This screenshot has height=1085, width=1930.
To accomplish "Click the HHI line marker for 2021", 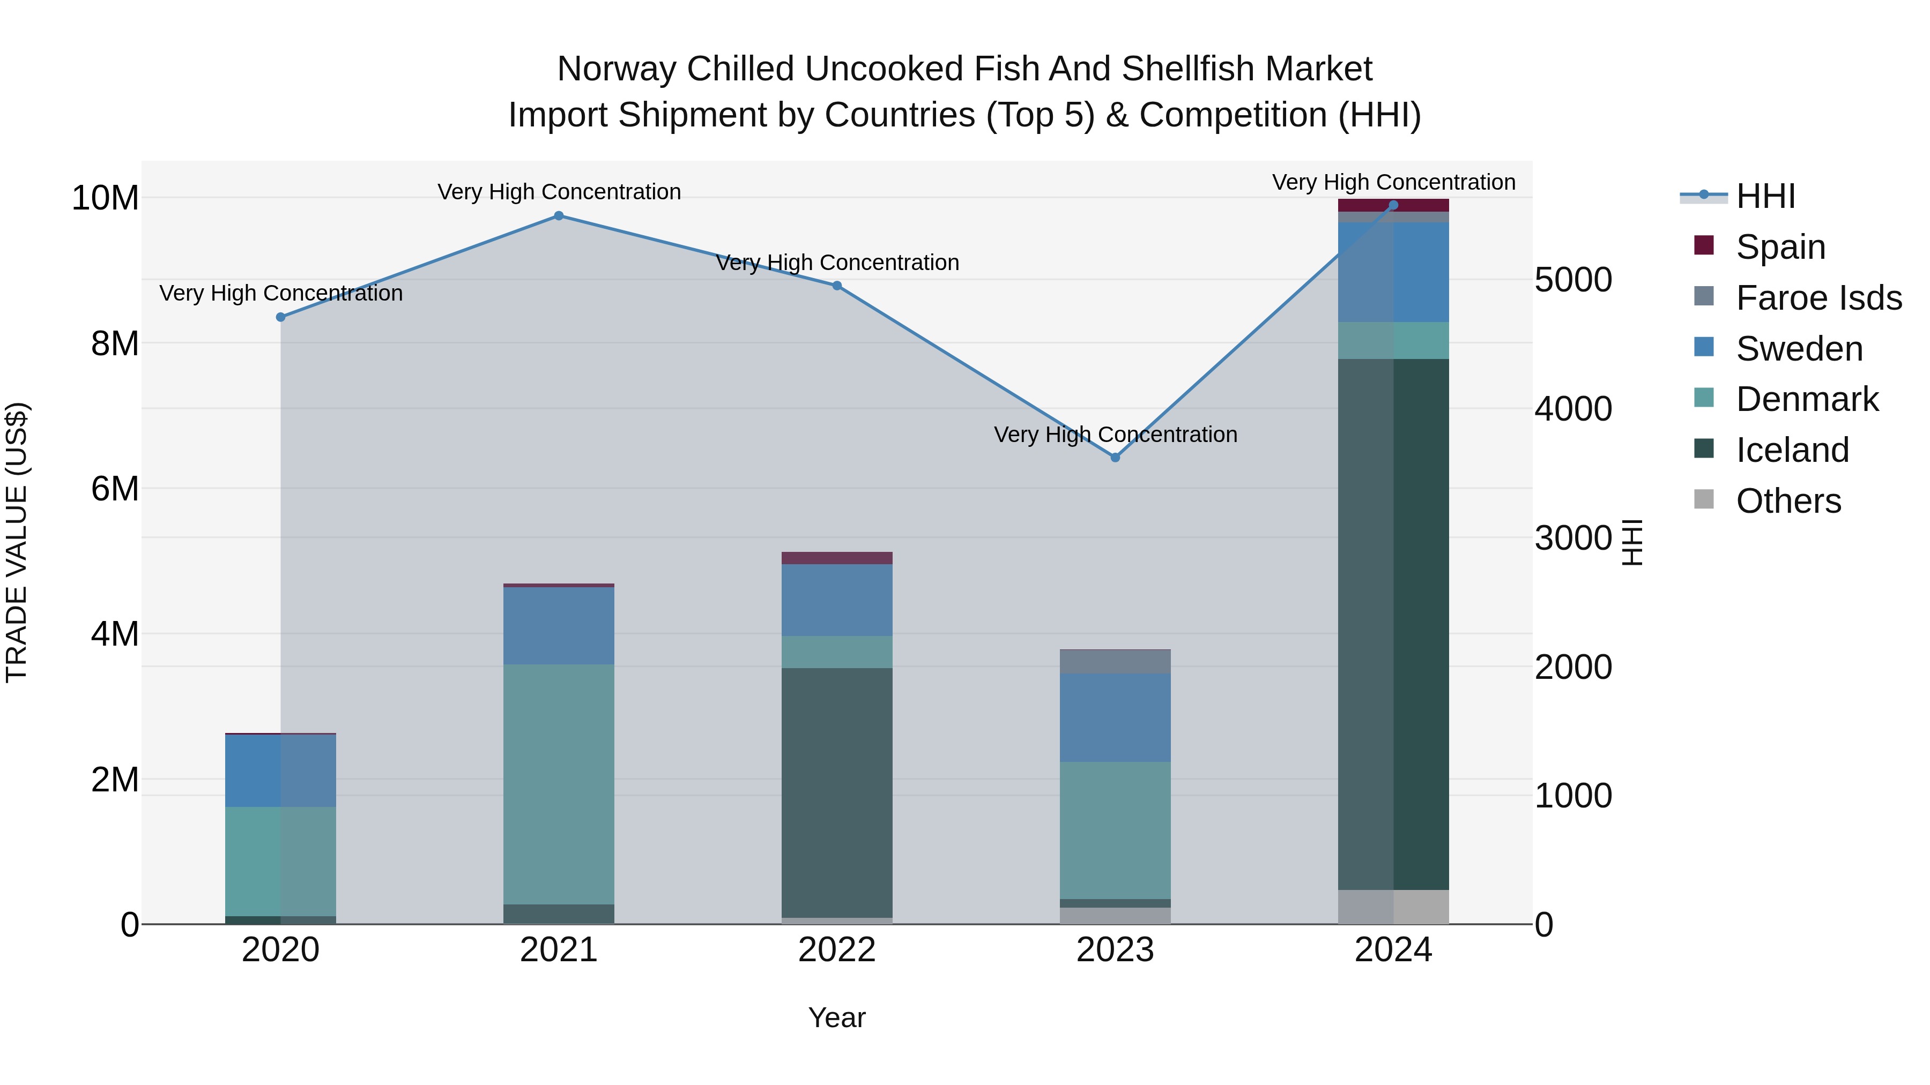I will pos(558,215).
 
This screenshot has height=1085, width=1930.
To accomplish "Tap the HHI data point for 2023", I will pos(1115,458).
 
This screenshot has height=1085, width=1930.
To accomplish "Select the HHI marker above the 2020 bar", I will pos(281,317).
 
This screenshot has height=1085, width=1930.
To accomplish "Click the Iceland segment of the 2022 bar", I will pos(837,792).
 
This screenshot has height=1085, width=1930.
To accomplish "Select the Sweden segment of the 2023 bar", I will pos(1115,717).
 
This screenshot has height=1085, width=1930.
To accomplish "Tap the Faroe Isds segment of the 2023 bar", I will pos(1115,661).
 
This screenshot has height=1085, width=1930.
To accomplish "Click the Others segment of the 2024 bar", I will pos(1393,907).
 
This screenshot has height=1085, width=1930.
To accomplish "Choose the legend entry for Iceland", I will pos(1791,450).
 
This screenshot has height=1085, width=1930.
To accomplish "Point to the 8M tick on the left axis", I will pos(115,343).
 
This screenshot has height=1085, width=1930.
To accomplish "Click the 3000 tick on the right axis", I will pos(1572,537).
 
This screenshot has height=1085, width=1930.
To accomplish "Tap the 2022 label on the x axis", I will pos(837,950).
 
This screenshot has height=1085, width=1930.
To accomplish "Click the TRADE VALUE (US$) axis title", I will pos(17,542).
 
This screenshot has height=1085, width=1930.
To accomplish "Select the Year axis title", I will pos(837,1017).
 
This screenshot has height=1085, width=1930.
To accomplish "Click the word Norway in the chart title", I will pos(616,69).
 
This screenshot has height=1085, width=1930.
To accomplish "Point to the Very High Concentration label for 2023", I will pos(1115,435).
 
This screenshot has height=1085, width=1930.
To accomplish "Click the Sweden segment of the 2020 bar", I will pos(281,770).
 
